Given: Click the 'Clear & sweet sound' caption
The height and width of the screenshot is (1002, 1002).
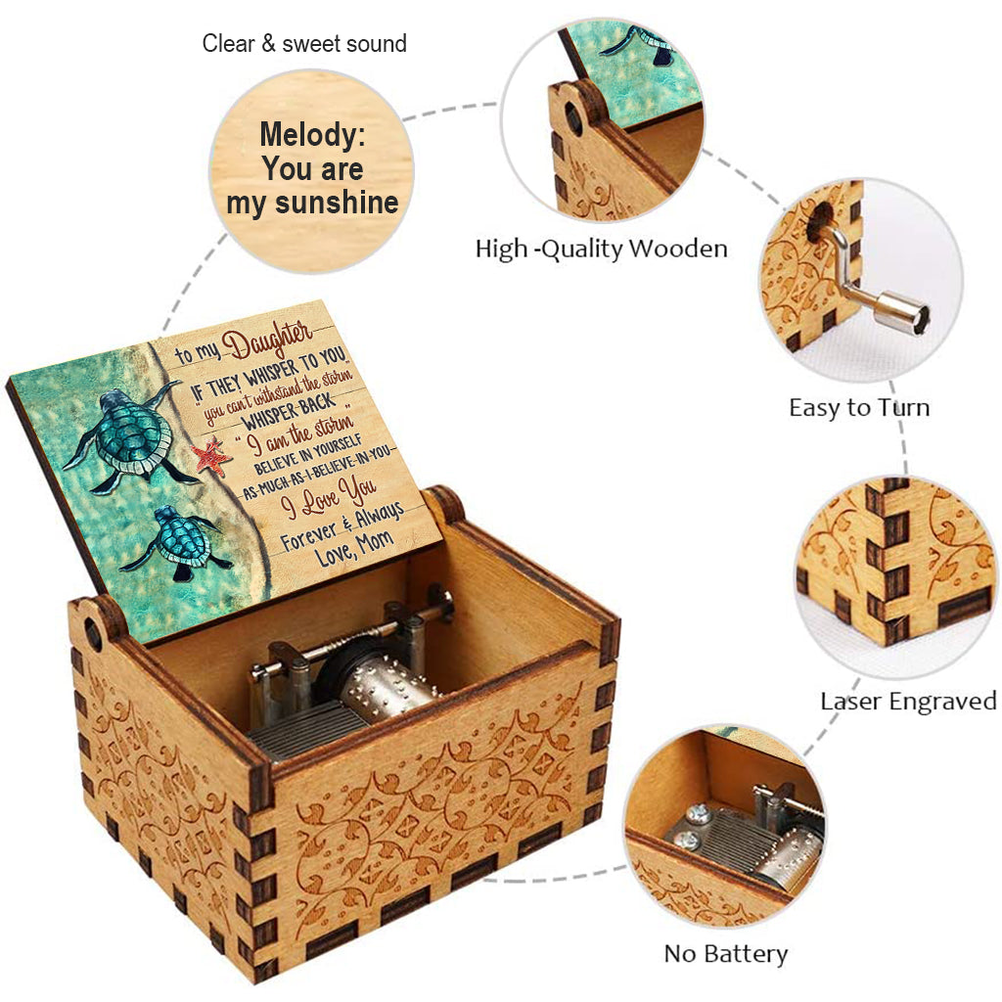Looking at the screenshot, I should (304, 44).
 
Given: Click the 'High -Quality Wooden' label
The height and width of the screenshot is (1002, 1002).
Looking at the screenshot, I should (601, 249).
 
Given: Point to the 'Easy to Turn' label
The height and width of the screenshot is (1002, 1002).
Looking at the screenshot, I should (859, 407).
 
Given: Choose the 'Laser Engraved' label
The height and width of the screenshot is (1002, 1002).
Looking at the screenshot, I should (908, 701).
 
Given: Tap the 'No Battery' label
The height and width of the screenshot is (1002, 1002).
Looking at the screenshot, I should (725, 953).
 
